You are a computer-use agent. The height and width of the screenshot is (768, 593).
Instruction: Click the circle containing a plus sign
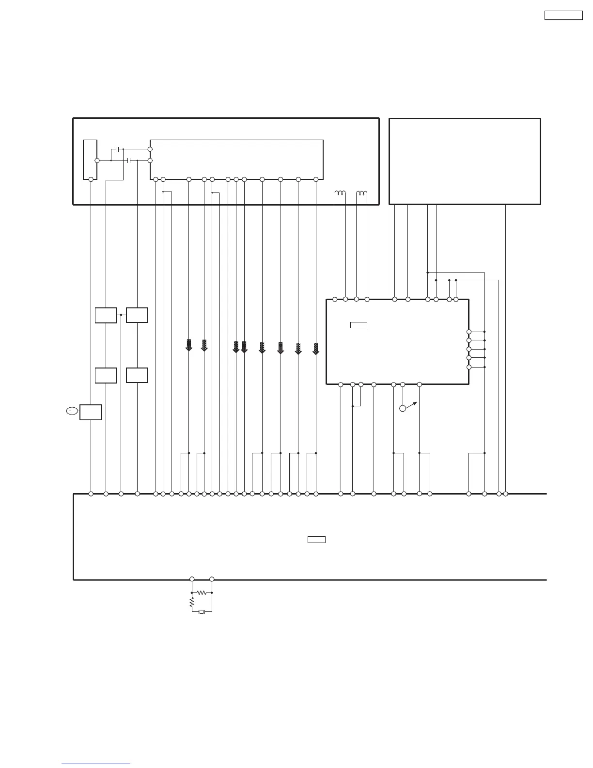(x=70, y=411)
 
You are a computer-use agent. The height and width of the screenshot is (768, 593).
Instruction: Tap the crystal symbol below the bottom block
(x=202, y=612)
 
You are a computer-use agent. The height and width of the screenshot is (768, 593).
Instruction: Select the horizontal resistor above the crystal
(x=202, y=592)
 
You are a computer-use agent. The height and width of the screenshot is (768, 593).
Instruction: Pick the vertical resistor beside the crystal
(x=192, y=602)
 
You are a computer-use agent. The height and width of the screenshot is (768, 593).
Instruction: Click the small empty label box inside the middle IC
(x=359, y=325)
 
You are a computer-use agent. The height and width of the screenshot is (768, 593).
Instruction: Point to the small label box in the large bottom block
(x=316, y=540)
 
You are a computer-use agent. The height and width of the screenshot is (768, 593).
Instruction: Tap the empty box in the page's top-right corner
(x=563, y=15)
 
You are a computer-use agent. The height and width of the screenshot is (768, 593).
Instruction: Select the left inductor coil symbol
(x=340, y=194)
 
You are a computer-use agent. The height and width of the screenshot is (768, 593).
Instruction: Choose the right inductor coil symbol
(x=361, y=194)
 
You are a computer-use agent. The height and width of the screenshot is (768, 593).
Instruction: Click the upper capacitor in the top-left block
(x=118, y=149)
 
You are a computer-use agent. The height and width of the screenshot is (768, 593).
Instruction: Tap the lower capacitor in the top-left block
(x=129, y=160)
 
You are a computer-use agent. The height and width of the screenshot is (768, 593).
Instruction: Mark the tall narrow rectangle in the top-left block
(x=90, y=160)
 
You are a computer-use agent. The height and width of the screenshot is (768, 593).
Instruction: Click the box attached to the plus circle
(x=91, y=412)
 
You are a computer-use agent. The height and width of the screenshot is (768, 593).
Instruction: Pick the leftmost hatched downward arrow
(x=189, y=346)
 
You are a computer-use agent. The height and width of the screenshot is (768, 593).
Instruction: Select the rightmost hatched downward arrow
(x=316, y=349)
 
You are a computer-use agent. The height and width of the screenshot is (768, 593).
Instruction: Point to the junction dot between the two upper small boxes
(x=121, y=315)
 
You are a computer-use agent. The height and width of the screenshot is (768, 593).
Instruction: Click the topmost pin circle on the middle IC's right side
(x=468, y=332)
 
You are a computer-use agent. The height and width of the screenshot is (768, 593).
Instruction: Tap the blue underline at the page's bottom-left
(x=96, y=764)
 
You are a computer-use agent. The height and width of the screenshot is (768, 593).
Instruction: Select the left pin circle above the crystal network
(x=192, y=579)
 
